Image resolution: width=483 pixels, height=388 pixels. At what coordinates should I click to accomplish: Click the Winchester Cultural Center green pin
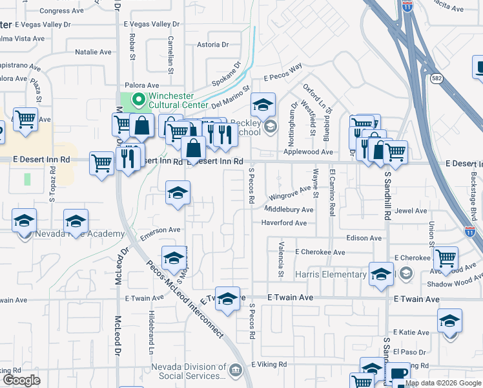coord(136,100)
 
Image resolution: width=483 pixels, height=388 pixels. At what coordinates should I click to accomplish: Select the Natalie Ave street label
coord(94,52)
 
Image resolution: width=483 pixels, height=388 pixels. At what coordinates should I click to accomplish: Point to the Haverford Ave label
coord(283,223)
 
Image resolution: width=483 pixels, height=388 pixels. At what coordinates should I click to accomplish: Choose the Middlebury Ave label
coord(289,210)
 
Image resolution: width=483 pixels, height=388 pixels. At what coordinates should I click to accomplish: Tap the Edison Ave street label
coord(364,238)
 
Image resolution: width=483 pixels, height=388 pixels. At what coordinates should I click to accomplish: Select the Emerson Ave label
coord(161,230)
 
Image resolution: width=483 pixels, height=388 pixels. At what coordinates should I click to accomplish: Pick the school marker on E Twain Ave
coord(227,299)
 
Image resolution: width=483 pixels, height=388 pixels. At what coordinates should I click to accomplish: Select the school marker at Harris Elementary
coord(381,274)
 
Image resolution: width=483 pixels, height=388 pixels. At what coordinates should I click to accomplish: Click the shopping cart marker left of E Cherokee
coord(446,258)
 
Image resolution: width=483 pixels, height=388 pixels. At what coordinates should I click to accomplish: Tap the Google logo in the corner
coord(21,380)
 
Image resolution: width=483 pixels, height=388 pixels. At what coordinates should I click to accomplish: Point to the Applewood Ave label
coord(308,152)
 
